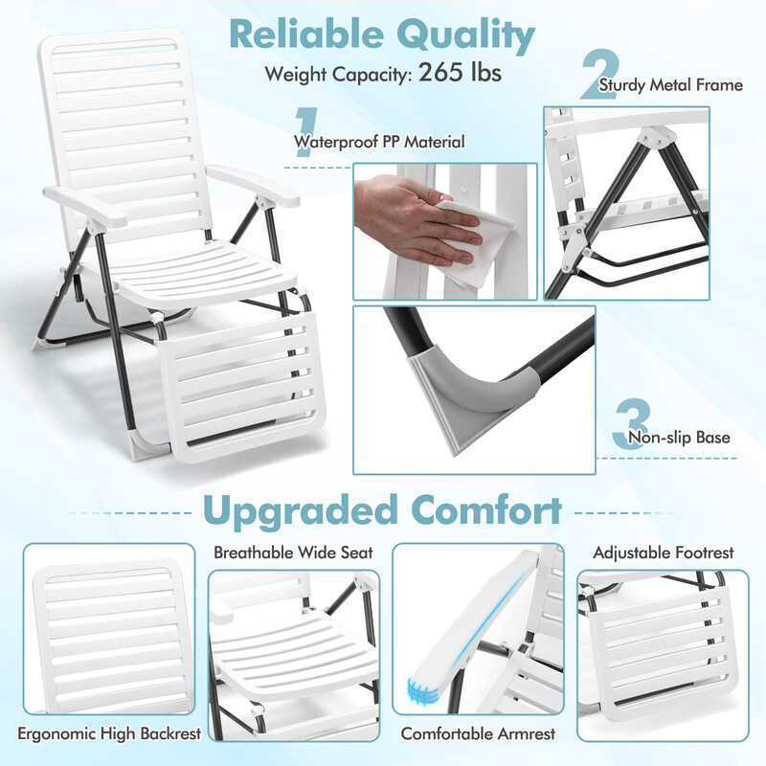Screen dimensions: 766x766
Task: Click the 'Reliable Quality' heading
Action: click(382, 35)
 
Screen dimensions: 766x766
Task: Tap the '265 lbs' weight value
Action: click(460, 73)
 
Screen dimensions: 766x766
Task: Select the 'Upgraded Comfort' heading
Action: click(382, 510)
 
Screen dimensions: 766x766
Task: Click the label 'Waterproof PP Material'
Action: click(379, 142)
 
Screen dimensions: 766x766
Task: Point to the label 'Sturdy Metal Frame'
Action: click(671, 85)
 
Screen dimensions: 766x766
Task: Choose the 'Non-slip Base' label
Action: click(679, 438)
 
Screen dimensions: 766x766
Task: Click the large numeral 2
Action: click(599, 75)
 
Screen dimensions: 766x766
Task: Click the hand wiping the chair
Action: click(416, 219)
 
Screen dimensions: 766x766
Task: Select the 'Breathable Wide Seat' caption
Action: click(293, 552)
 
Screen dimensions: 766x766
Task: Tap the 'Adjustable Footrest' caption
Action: click(663, 552)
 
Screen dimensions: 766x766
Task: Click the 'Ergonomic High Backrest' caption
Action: click(109, 733)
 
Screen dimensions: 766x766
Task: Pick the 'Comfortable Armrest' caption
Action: click(478, 733)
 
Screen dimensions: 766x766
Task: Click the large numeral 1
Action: click(306, 131)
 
